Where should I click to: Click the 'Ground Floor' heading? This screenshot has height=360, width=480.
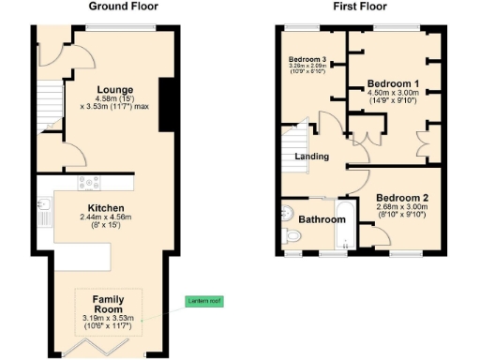coord(123,7)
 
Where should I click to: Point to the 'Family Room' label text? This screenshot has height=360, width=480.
coord(108,303)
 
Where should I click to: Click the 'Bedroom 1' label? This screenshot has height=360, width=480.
coord(393,82)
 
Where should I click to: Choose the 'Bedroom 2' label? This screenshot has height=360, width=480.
coord(402,198)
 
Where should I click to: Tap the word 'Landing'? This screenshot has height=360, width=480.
coord(310,157)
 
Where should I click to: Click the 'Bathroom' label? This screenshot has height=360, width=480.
coord(322,219)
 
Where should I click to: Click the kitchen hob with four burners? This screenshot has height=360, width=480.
coord(91,184)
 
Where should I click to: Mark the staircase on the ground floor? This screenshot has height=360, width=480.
coord(48,109)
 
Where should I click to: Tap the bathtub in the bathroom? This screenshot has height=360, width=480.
coord(345,225)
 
